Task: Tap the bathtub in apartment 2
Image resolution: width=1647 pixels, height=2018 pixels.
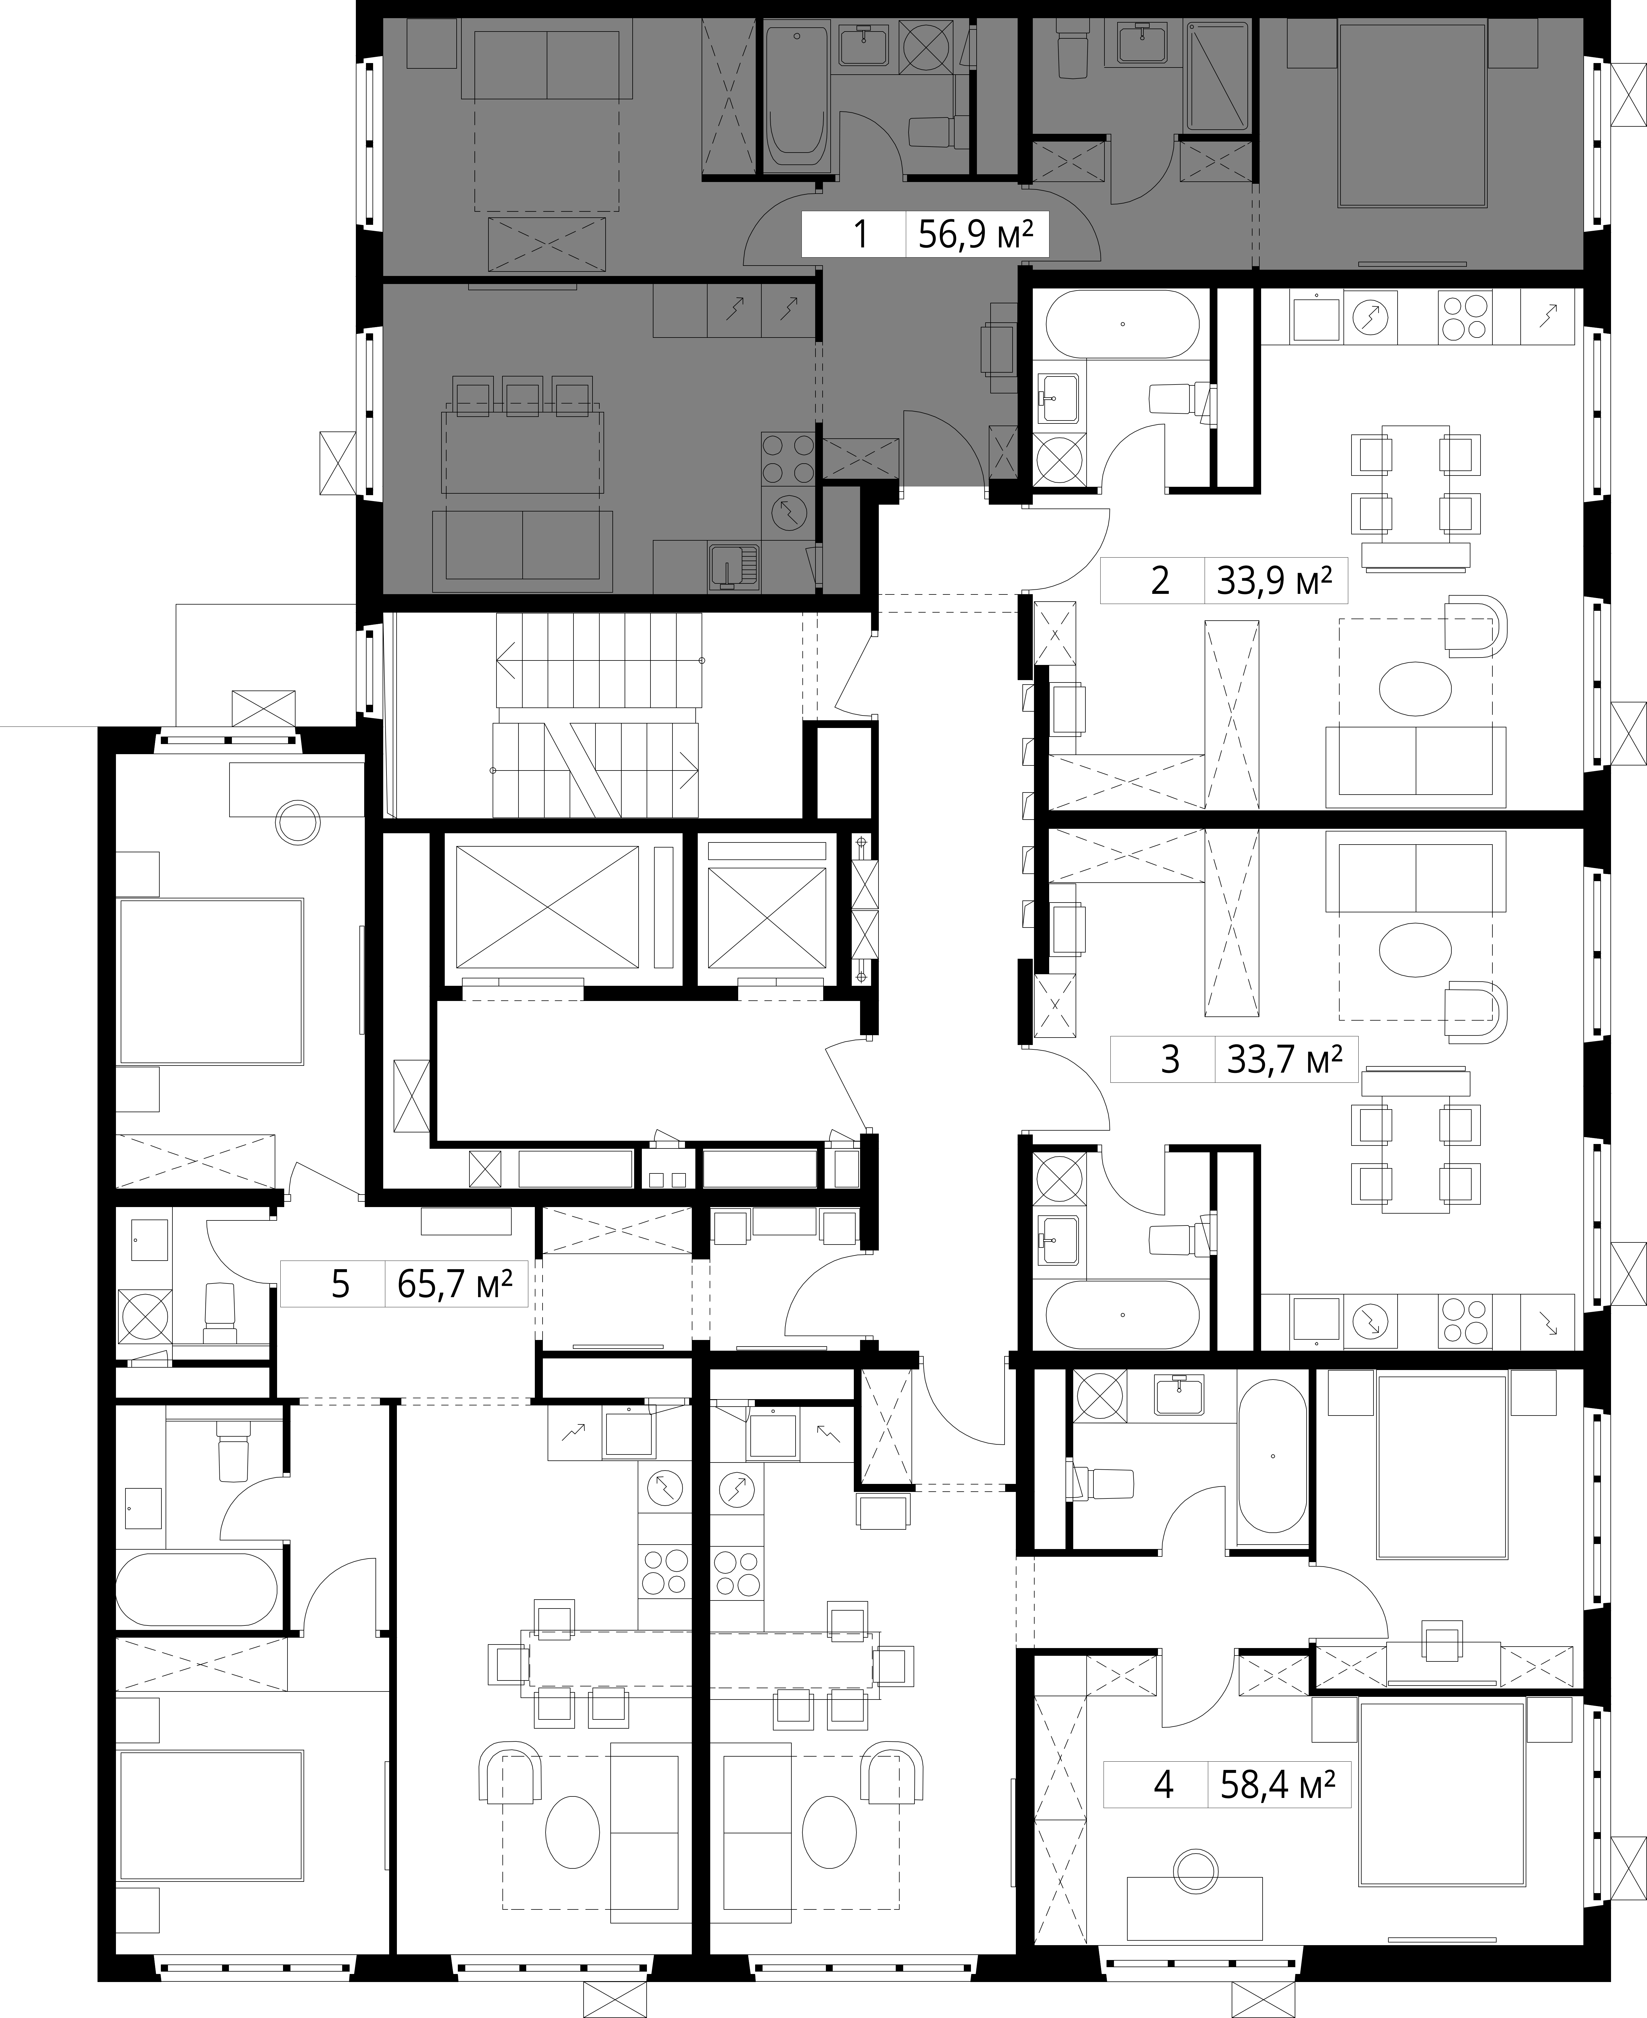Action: click(x=1122, y=324)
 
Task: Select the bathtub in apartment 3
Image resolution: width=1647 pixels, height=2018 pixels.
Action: click(x=1122, y=1315)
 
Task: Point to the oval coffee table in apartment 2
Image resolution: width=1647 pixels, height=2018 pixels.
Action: click(x=1414, y=690)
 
